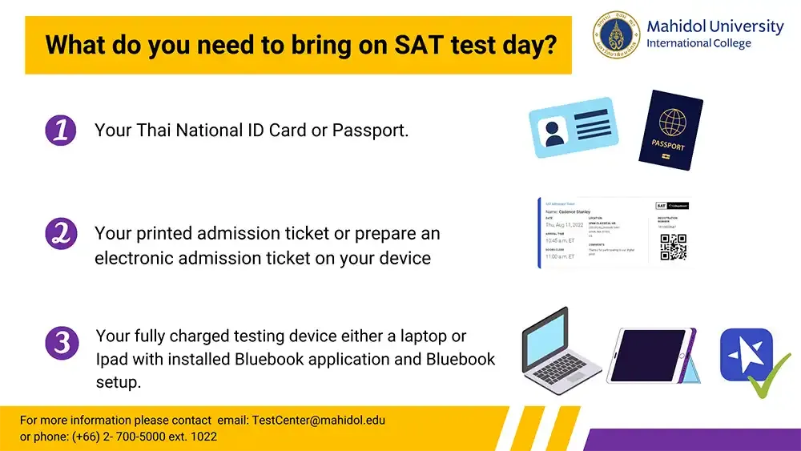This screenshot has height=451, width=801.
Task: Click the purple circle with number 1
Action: pos(60,130)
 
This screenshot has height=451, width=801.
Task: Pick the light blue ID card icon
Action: pos(573,127)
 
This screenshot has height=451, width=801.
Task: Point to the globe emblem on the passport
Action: pos(672,123)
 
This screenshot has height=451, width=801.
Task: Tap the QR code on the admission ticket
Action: pos(673,248)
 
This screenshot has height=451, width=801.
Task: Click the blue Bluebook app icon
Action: pos(746,354)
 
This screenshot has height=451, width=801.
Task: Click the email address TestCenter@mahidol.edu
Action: pos(319,420)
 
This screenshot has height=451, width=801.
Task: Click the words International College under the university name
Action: pos(698,43)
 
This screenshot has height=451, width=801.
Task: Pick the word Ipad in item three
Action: pos(113,359)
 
